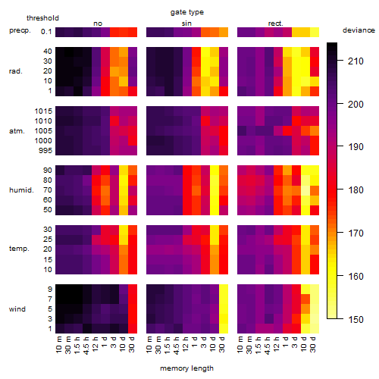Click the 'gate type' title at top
pyautogui.click(x=187, y=12)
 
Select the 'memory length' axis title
pyautogui.click(x=186, y=368)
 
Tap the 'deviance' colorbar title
pyautogui.click(x=359, y=30)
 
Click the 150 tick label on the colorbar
pyautogui.click(x=356, y=319)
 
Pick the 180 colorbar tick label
pyautogui.click(x=356, y=189)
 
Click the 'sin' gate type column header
pyautogui.click(x=186, y=23)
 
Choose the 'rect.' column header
pyautogui.click(x=275, y=23)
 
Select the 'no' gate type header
pyautogui.click(x=98, y=23)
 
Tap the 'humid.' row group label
pyautogui.click(x=21, y=190)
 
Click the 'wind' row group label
pyautogui.click(x=17, y=309)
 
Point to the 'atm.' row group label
pyautogui.click(x=17, y=131)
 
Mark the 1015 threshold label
pyautogui.click(x=43, y=111)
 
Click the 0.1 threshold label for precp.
pyautogui.click(x=46, y=32)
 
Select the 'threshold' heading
pyautogui.click(x=42, y=18)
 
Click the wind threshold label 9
pyautogui.click(x=50, y=290)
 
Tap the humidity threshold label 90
pyautogui.click(x=48, y=171)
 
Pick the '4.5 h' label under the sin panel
pyautogui.click(x=177, y=345)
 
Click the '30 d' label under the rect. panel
pyautogui.click(x=313, y=344)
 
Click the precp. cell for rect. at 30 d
pyautogui.click(x=315, y=32)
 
